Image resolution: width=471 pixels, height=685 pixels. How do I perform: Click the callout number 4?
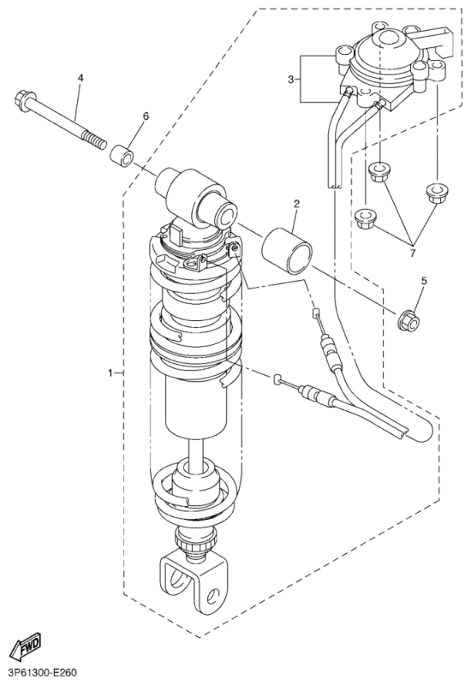(80, 78)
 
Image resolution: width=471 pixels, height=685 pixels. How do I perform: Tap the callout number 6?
(146, 116)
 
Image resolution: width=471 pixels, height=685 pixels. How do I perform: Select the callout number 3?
(291, 79)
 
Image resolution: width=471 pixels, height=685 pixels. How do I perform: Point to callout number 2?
(296, 203)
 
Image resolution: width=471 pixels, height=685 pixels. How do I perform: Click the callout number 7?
(413, 253)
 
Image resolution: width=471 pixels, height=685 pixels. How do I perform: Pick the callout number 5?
(423, 281)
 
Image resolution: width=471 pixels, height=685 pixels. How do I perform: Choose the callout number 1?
(110, 372)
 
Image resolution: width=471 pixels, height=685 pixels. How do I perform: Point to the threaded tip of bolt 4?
(96, 141)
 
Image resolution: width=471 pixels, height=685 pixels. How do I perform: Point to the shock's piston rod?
(196, 450)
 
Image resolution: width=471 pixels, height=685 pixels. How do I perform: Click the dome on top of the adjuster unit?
(390, 41)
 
